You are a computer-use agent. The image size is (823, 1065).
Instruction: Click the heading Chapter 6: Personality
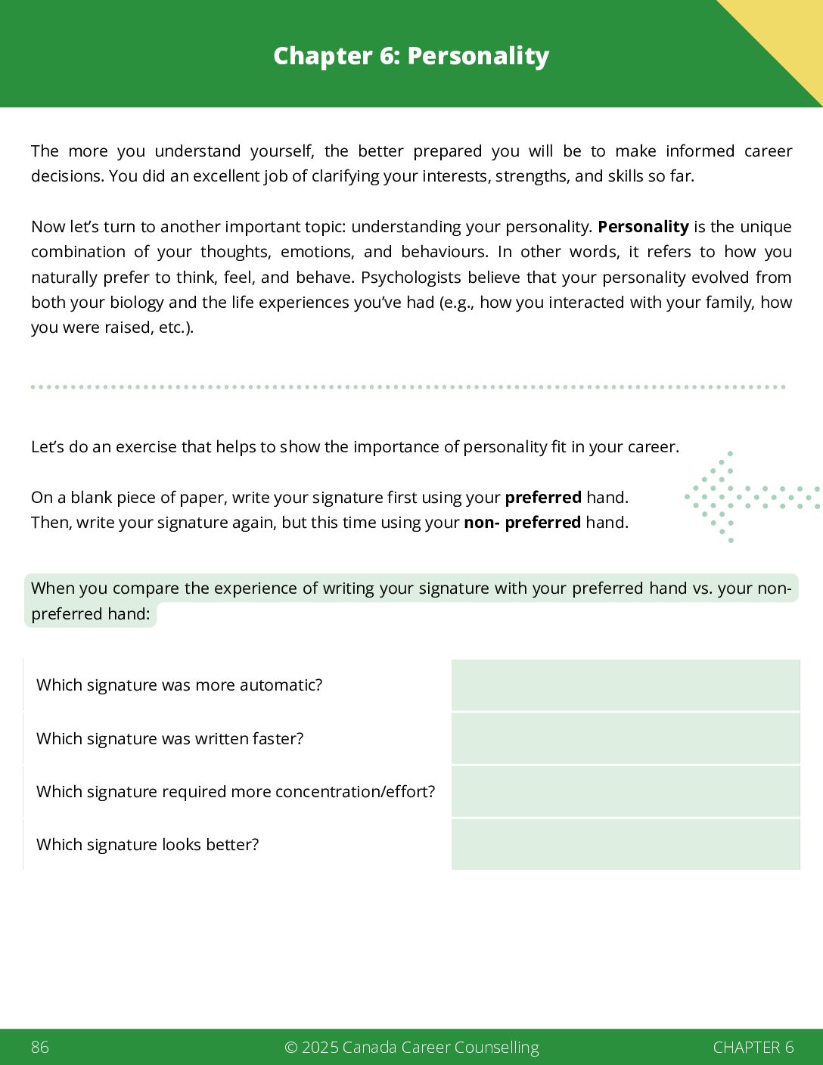click(411, 56)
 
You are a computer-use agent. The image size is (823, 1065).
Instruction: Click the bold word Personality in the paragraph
click(643, 227)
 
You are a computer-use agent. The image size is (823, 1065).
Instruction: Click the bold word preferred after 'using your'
click(543, 498)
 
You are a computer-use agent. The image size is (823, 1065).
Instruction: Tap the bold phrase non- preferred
click(522, 523)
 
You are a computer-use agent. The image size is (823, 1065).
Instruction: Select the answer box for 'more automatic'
click(625, 685)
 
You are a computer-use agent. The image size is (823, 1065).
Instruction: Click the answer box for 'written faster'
click(625, 738)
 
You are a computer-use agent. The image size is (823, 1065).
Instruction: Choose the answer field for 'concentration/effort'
click(625, 791)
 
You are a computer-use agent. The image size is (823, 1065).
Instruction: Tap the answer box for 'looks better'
click(625, 844)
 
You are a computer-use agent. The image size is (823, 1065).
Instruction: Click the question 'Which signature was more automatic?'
click(179, 685)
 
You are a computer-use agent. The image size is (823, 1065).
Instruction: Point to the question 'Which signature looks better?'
click(148, 845)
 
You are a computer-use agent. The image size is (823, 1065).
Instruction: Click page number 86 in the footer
click(40, 1047)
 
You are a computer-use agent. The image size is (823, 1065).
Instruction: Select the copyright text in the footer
click(411, 1047)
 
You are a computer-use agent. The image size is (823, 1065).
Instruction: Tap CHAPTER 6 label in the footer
click(753, 1047)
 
